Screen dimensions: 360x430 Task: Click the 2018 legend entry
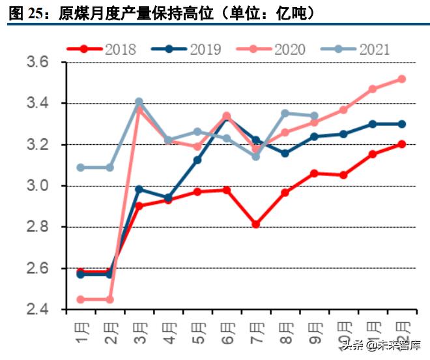[104, 49]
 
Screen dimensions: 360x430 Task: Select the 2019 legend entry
[188, 49]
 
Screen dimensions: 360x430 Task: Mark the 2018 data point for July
[256, 224]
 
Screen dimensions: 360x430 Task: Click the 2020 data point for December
[402, 79]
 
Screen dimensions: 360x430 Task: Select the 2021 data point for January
[81, 168]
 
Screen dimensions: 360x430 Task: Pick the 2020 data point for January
[81, 299]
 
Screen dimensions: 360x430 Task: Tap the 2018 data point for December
[402, 144]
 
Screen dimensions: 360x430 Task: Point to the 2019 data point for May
[197, 160]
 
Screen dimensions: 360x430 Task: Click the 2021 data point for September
[315, 115]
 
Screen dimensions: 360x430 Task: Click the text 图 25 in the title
[25, 12]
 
